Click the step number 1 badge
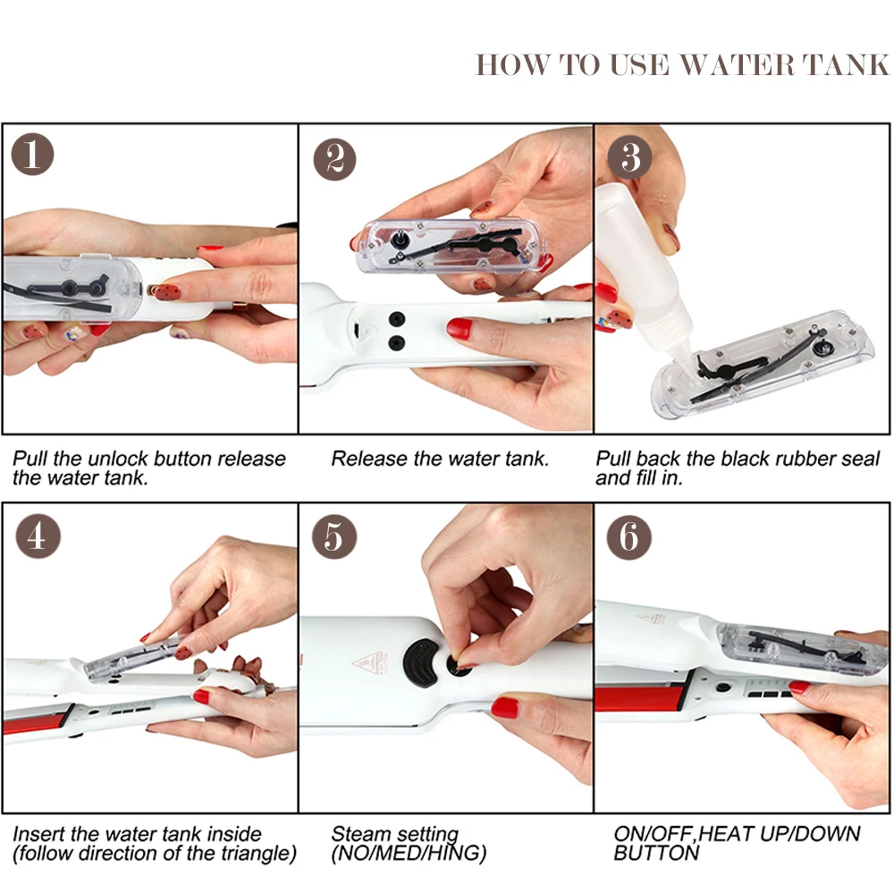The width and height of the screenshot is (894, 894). pos(32,154)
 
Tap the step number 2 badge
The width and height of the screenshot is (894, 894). pos(334,159)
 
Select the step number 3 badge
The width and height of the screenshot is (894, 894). pos(629,157)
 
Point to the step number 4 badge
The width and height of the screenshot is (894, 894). pos(38,536)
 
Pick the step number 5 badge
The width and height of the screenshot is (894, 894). pos(334,536)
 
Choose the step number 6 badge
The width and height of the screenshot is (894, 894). pos(628,537)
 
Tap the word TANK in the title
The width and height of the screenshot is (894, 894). pos(846,64)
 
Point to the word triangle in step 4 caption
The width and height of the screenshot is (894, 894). pos(257,853)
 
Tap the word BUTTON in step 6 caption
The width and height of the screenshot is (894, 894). pos(656,853)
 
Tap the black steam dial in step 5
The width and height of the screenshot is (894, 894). pos(421,662)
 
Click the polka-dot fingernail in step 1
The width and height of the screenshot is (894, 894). pos(167,292)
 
